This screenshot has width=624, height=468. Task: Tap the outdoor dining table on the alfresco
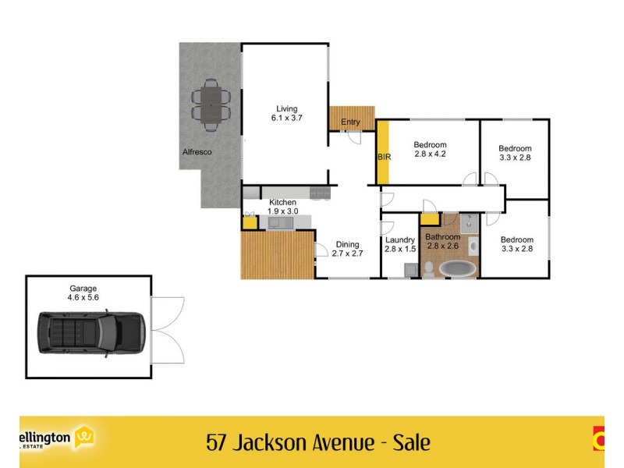click(211, 104)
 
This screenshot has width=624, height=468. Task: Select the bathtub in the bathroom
click(458, 269)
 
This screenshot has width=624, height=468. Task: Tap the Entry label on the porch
click(351, 122)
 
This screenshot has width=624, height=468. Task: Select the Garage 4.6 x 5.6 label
click(83, 292)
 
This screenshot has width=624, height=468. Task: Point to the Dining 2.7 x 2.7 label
click(348, 248)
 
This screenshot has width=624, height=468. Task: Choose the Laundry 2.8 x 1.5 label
click(400, 245)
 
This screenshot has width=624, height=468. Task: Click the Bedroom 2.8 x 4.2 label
click(430, 150)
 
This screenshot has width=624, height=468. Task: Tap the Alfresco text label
click(197, 152)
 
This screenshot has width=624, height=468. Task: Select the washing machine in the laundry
click(410, 270)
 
